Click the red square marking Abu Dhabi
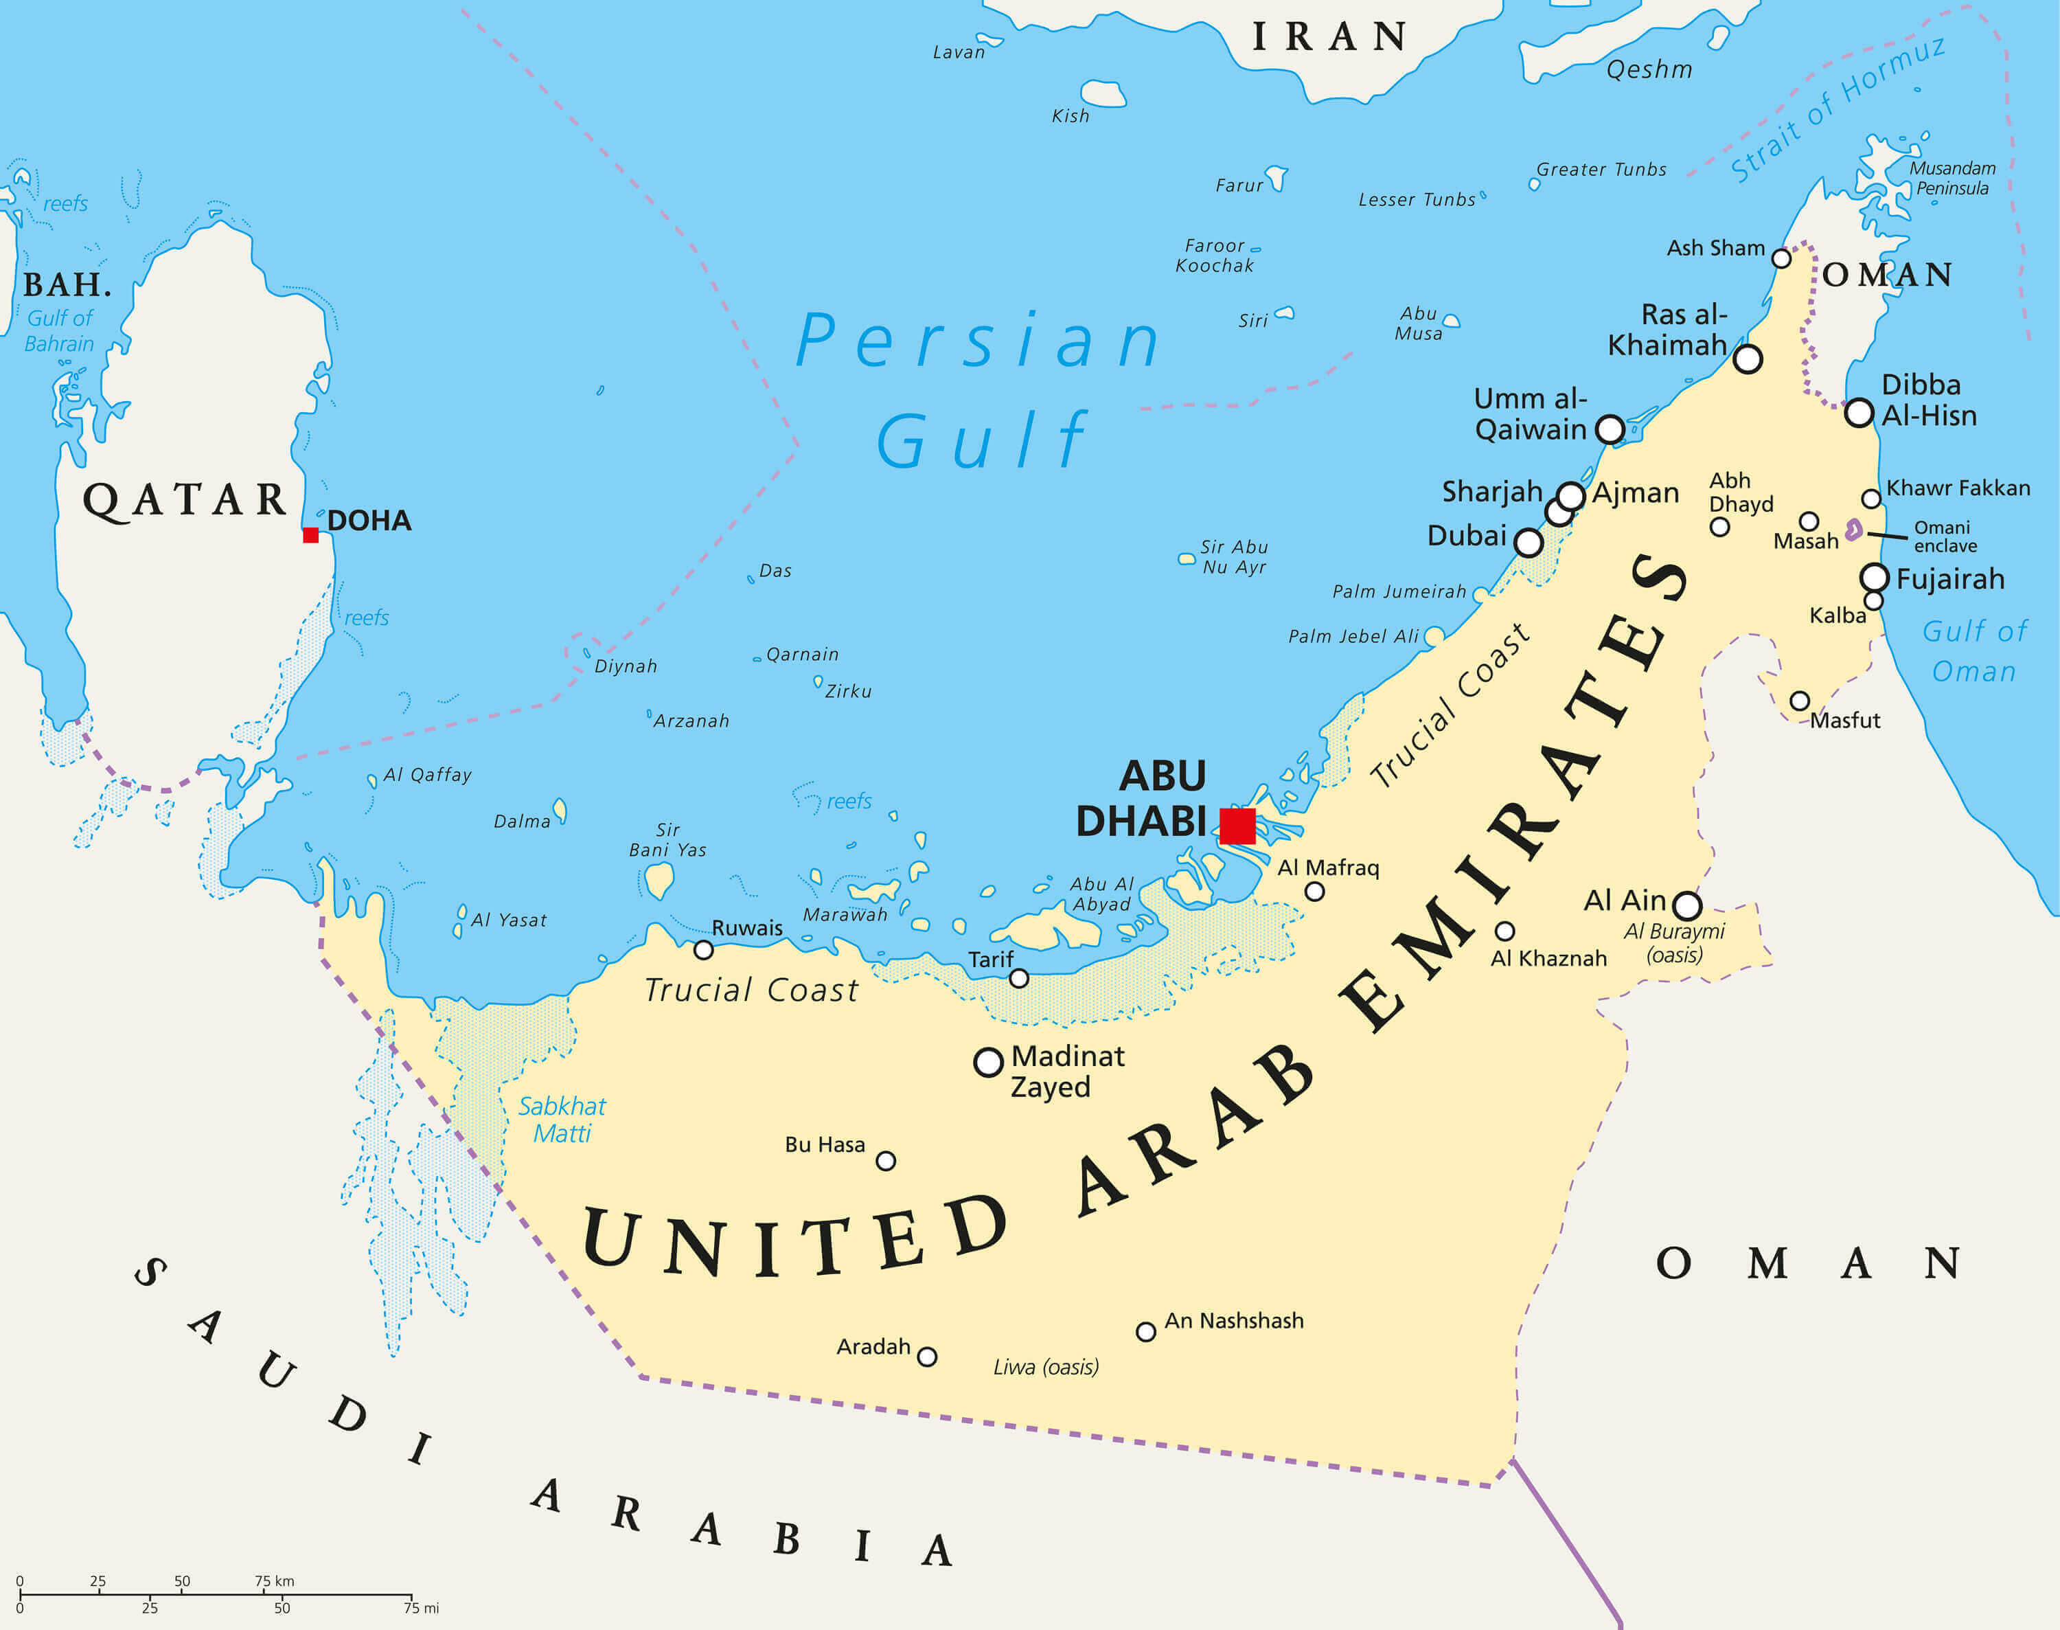1237,826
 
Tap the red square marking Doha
310,534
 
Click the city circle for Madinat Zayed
987,1061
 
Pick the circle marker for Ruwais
703,949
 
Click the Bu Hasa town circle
885,1160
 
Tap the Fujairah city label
1949,579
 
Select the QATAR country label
184,500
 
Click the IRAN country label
1329,37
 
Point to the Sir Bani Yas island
659,880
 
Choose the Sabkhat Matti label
561,1120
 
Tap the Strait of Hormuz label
1837,110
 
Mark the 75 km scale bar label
274,1581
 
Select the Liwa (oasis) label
1045,1368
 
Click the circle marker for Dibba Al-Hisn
1859,414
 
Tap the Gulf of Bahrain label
59,331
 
